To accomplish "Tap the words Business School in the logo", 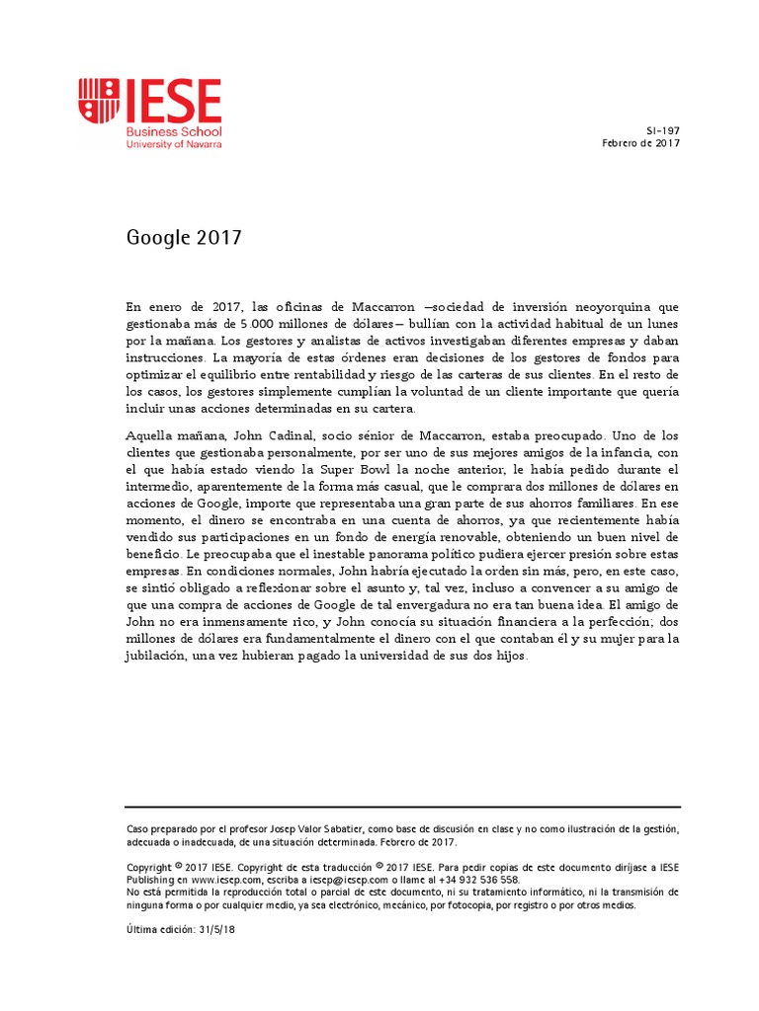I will pos(173,131).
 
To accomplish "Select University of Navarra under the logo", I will pos(174,144).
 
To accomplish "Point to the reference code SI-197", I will pos(664,130).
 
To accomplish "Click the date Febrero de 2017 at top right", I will pos(641,143).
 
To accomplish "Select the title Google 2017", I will pos(184,238).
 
